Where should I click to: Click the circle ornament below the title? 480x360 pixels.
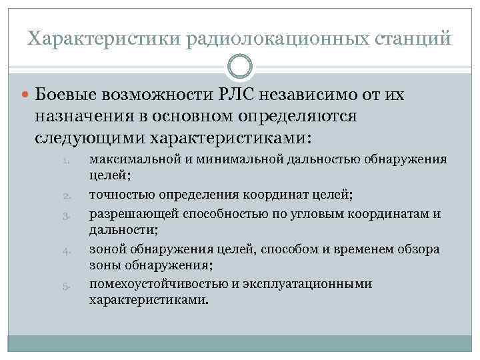coord(240,67)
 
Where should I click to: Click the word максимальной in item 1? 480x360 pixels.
coord(128,160)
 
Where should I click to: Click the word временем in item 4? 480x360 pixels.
coord(373,249)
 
